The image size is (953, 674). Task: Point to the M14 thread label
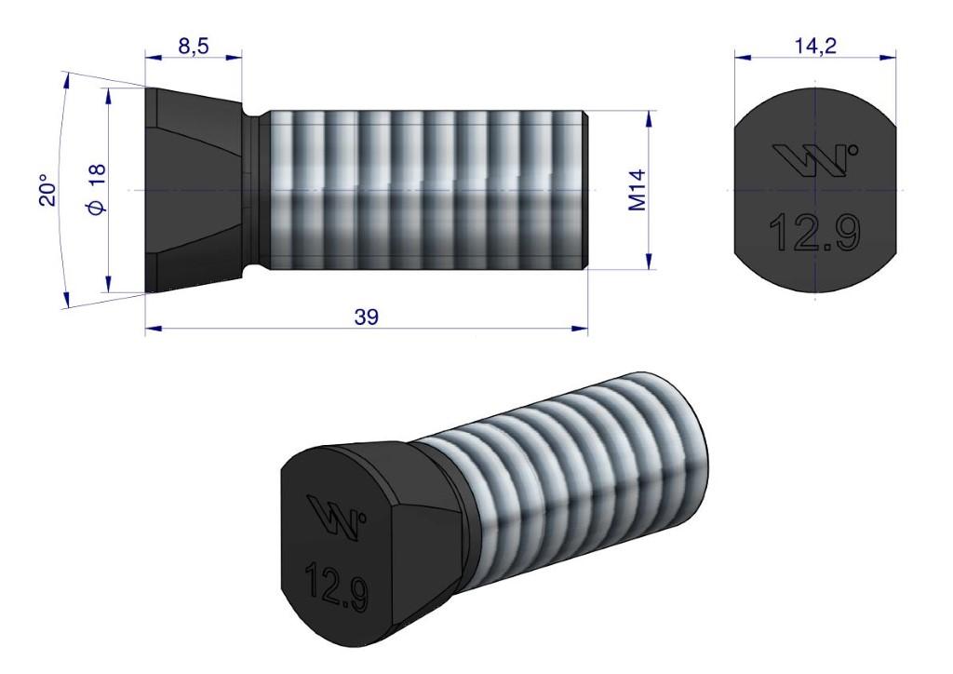coord(638,191)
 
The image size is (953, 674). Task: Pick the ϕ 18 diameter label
coord(96,191)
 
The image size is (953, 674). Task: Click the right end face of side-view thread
coord(585,191)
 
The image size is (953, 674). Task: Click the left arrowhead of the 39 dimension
coord(151,328)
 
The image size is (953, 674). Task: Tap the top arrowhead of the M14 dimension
coord(649,117)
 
